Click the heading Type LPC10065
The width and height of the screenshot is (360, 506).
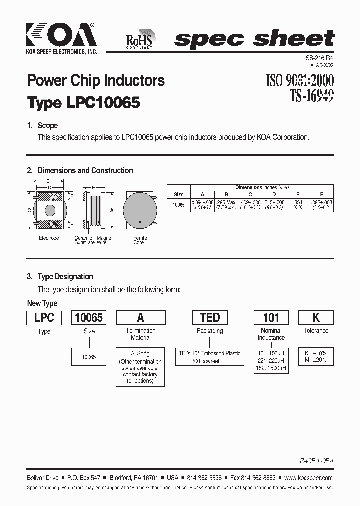83,103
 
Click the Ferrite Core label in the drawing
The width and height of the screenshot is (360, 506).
139,240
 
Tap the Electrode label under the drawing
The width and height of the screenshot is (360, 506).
49,238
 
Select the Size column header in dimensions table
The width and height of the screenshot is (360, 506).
178,194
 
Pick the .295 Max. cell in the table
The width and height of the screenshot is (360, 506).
226,202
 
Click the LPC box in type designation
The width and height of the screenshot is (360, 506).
44,318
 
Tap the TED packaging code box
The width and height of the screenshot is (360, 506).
210,318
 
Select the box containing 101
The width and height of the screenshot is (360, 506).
271,318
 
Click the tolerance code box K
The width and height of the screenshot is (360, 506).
316,318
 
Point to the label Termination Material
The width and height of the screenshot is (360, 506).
141,334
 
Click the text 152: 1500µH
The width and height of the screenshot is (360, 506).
271,368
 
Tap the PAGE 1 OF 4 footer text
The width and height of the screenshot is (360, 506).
316,460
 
